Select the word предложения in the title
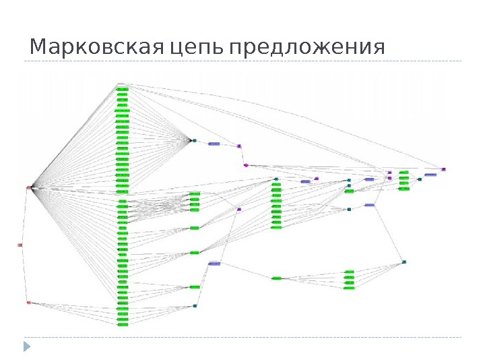pos(306,49)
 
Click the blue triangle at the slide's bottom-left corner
pos(27,346)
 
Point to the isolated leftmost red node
pos(20,245)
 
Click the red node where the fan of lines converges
pos(29,187)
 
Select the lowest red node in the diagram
pos(28,303)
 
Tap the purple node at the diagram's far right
pos(443,169)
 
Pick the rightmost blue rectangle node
pos(430,175)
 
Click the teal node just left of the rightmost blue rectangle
pos(419,179)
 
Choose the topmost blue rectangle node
pos(214,144)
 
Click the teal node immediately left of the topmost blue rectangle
pos(194,141)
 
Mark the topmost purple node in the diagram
pos(238,146)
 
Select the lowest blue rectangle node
pos(214,264)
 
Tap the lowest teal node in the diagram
pos(195,306)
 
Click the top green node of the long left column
pos(122,89)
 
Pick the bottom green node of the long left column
pos(123,325)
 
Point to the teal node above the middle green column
pos(276,179)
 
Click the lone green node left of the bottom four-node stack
pos(276,278)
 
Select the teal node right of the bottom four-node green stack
pos(403,262)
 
